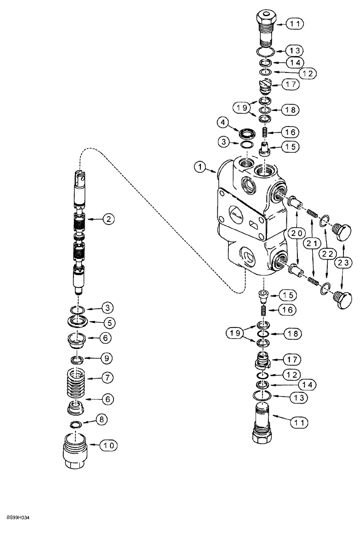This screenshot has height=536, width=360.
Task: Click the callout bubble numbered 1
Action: (x=199, y=168)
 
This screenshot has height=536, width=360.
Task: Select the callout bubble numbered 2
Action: (x=109, y=218)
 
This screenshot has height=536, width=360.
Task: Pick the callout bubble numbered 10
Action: (x=109, y=445)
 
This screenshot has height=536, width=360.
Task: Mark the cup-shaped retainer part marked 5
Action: (x=79, y=322)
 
